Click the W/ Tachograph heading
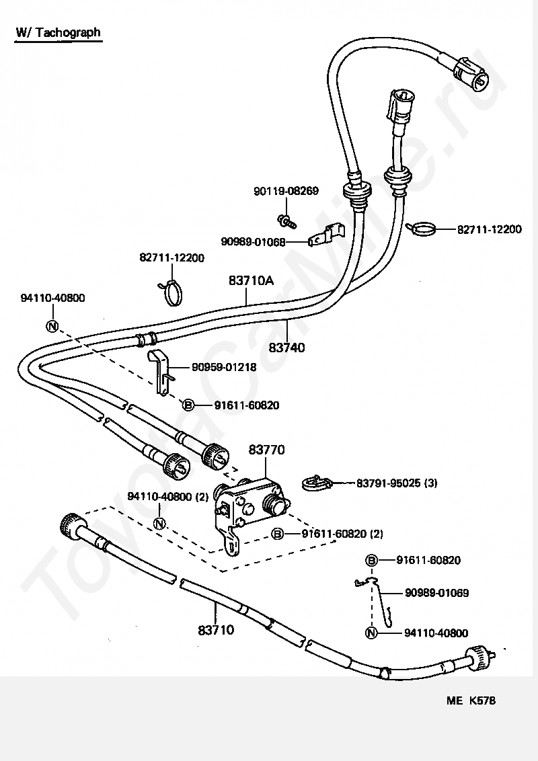click(x=59, y=32)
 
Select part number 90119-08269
click(x=286, y=191)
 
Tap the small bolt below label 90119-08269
click(x=286, y=221)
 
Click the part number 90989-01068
click(x=253, y=242)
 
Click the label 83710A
click(x=251, y=280)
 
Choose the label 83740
click(x=286, y=348)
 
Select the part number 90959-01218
click(x=224, y=368)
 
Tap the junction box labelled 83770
click(x=251, y=511)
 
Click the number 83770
click(x=266, y=450)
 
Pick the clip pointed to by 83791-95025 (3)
click(x=316, y=483)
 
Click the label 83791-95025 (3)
click(x=397, y=483)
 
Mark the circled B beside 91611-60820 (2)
click(x=277, y=534)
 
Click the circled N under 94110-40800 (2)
click(x=159, y=524)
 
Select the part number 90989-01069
click(x=437, y=592)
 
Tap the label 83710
click(x=216, y=630)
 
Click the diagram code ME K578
click(x=471, y=700)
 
